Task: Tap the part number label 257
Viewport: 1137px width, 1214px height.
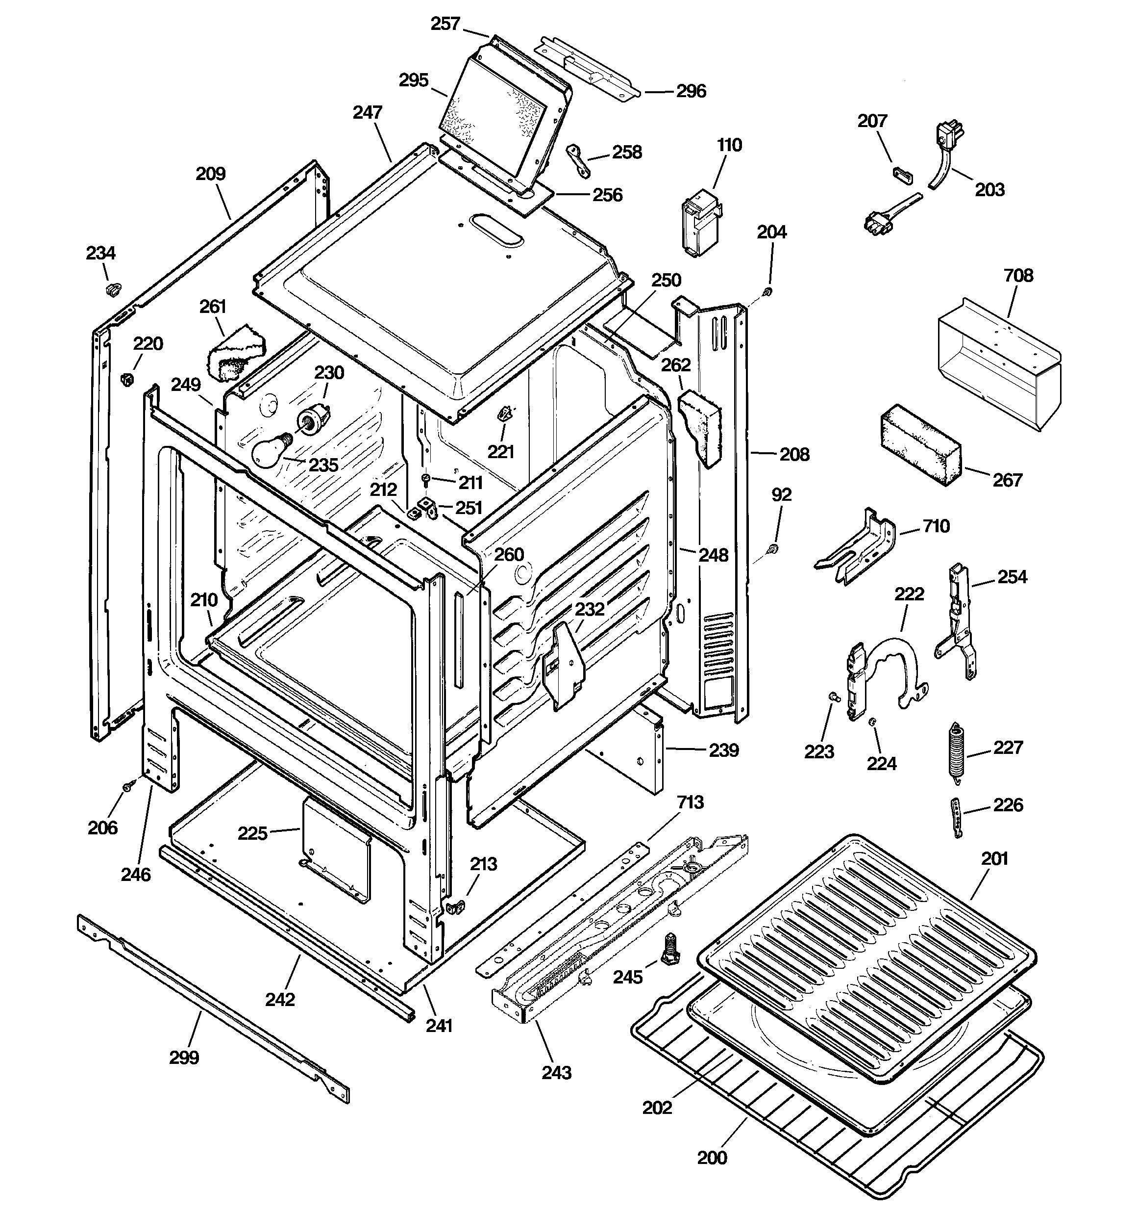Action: (x=445, y=24)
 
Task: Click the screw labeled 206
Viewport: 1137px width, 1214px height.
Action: (x=127, y=787)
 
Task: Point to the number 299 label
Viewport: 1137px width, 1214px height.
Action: (x=184, y=1057)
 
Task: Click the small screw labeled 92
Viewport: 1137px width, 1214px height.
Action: (x=774, y=549)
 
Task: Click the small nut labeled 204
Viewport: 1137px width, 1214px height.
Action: (x=768, y=291)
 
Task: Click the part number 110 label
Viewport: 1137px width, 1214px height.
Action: (x=729, y=145)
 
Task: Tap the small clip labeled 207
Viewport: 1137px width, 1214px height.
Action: (x=903, y=174)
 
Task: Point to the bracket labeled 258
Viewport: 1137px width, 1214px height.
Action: (x=578, y=160)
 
